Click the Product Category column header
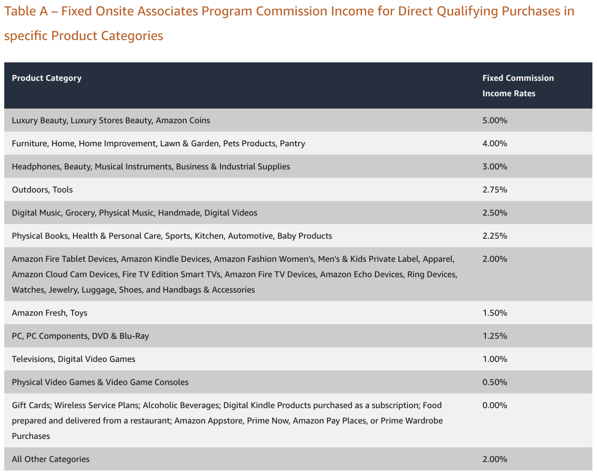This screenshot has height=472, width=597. pos(47,78)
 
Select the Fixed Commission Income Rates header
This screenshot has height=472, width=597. pos(518,86)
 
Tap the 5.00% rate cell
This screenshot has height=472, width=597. pos(495,120)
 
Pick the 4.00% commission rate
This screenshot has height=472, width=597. pos(495,143)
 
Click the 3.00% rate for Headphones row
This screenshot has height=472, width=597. pos(495,167)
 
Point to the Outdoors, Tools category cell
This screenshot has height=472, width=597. pos(42,190)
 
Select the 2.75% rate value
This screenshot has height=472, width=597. pos(495,190)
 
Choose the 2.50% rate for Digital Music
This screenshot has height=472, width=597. pos(495,212)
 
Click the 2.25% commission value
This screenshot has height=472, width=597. pos(495,235)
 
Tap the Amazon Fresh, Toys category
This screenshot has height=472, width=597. pos(49,313)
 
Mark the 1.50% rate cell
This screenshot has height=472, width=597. pos(495,313)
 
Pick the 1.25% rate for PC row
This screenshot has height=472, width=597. pos(495,336)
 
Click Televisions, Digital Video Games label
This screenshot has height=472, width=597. pos(73,359)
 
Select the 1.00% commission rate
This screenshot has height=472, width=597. pos(495,359)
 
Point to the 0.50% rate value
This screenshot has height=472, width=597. pos(495,382)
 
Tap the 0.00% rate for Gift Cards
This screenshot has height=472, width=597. pos(495,405)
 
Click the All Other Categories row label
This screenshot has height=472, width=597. pos(51,459)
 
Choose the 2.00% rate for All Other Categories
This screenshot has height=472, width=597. pos(495,459)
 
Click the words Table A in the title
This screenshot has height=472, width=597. pos(26,11)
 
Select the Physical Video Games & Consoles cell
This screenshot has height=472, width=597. pos(100,382)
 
